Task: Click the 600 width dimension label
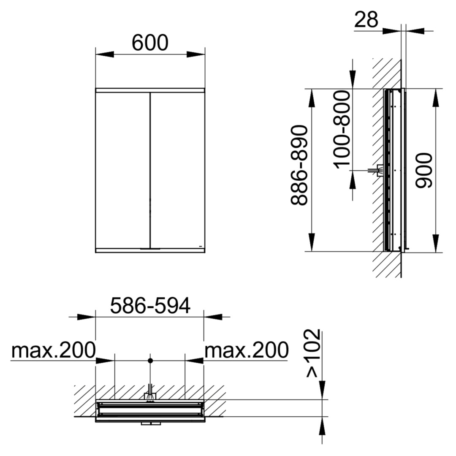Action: pos(150,43)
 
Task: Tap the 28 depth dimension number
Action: pos(366,19)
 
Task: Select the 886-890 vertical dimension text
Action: pos(299,166)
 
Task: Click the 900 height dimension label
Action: pos(424,171)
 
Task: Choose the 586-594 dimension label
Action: pos(150,306)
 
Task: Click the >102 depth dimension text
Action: pos(313,353)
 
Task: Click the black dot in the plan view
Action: pos(150,361)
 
